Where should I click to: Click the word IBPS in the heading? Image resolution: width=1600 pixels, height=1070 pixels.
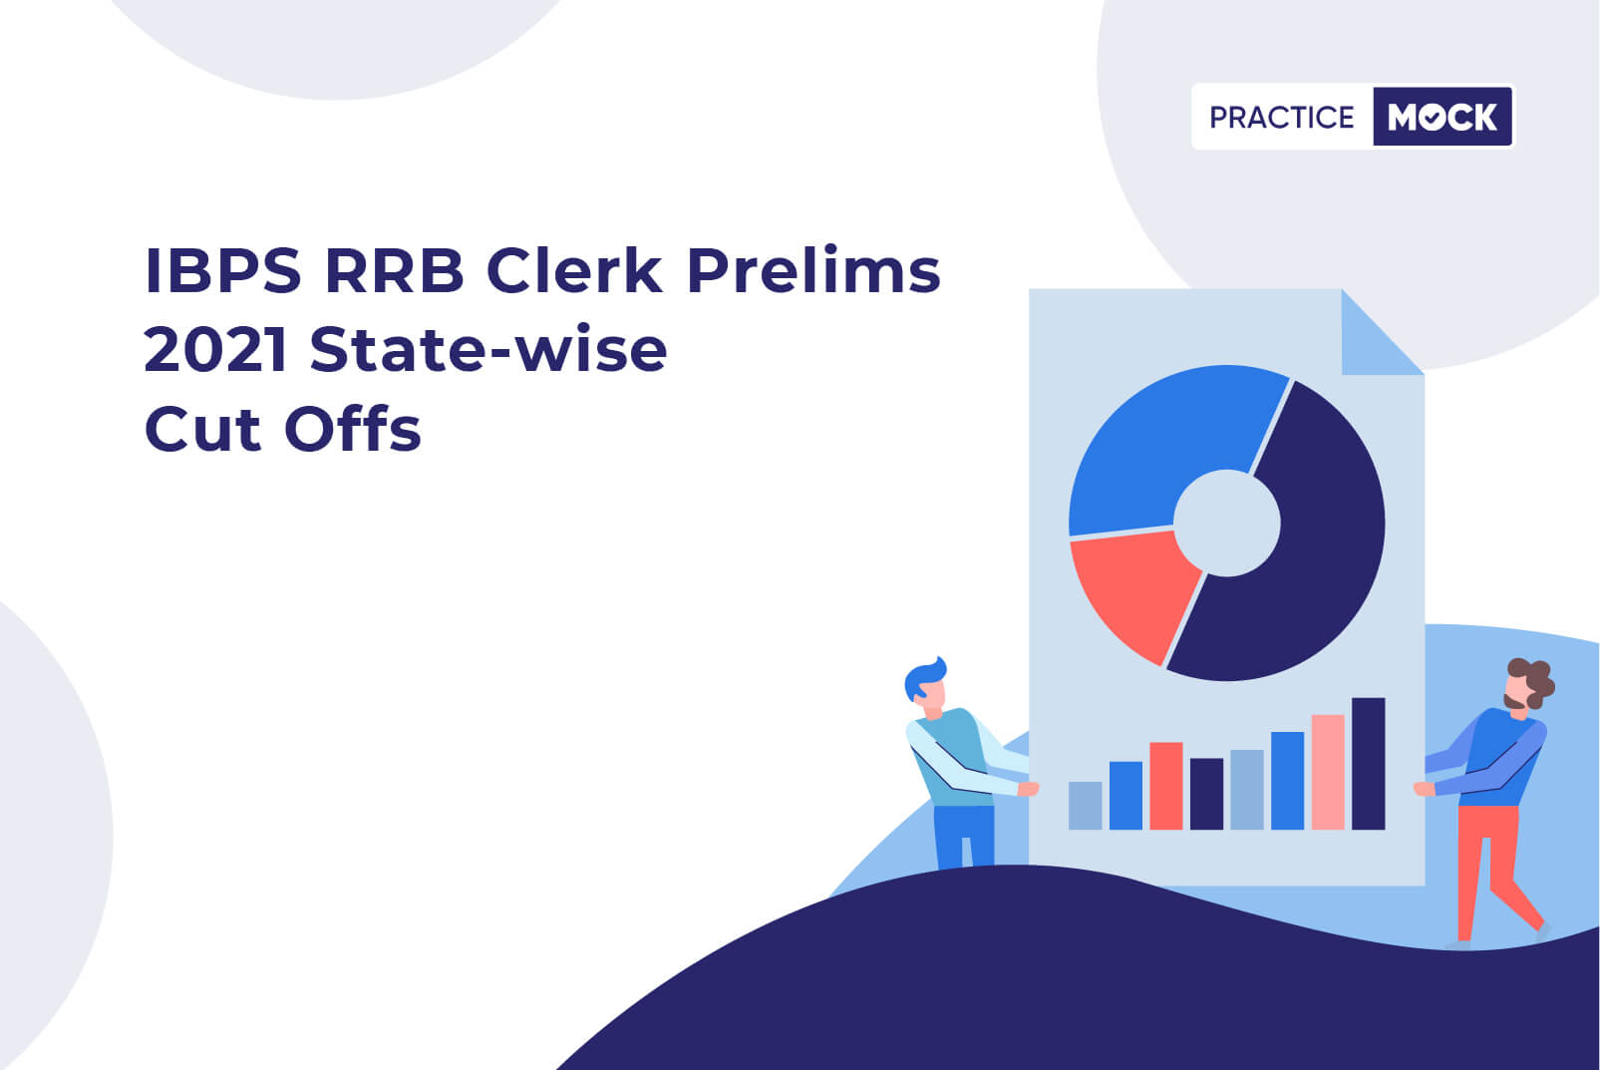pos(222,270)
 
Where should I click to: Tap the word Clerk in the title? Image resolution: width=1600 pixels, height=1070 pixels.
pos(574,270)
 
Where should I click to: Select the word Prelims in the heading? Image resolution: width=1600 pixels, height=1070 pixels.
pos(813,270)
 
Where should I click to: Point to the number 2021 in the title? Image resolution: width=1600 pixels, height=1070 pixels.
pos(216,350)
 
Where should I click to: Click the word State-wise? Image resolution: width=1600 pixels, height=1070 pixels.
pos(488,350)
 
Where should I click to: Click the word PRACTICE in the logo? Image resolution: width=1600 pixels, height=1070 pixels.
pos(1282,118)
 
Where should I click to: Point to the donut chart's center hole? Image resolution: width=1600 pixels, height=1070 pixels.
pos(1226,523)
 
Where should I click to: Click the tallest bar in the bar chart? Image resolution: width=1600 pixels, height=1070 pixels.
pos(1368,763)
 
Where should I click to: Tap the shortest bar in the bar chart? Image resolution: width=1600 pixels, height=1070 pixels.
pos(1085,805)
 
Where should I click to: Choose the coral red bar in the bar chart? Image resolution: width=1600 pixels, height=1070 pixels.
pos(1165,785)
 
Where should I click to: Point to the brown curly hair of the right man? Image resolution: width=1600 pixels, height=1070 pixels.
pos(1535,679)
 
